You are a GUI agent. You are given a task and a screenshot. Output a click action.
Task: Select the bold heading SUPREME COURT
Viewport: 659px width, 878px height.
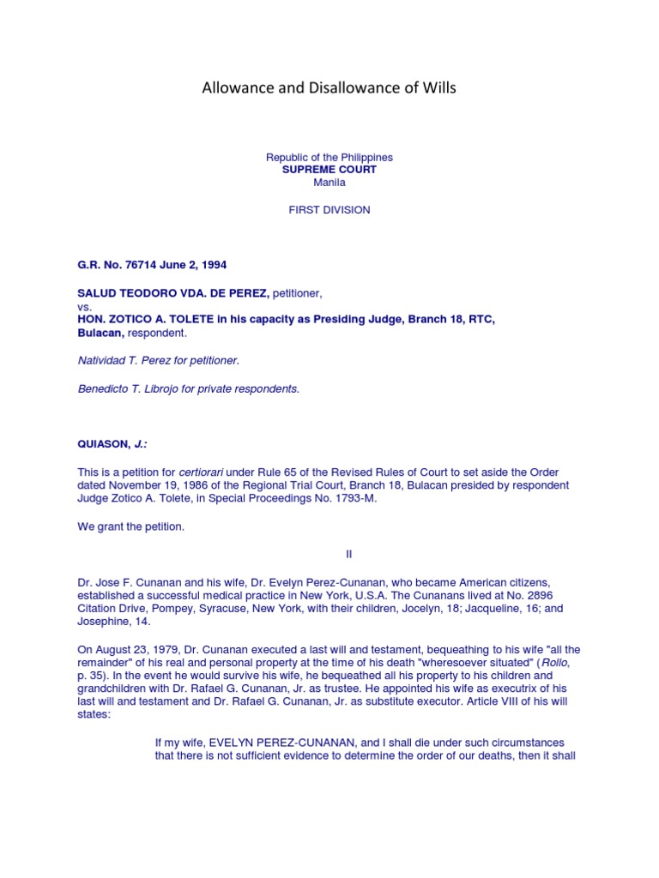(x=329, y=170)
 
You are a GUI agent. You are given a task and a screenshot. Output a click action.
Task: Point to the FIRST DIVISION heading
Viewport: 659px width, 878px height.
(x=329, y=210)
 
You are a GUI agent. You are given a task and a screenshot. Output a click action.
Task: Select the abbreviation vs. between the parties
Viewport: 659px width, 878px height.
(x=84, y=306)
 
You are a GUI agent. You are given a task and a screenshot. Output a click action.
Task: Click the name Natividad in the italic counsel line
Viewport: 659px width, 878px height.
(x=100, y=360)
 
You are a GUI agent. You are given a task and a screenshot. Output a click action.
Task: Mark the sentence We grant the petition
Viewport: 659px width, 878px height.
(x=130, y=526)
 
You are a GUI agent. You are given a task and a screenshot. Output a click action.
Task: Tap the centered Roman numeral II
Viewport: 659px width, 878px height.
(x=349, y=555)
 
